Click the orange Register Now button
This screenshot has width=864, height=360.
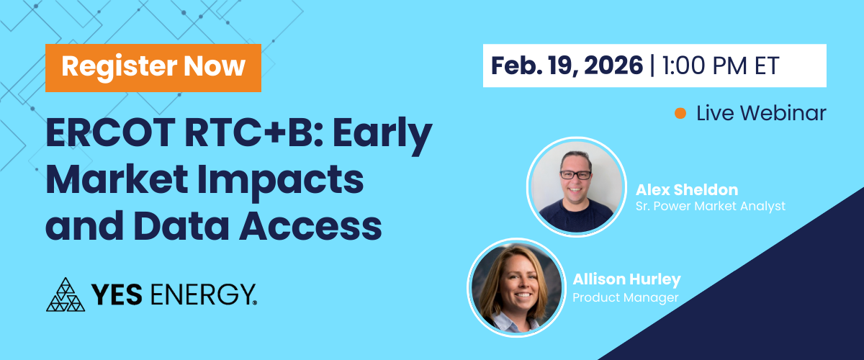point(153,68)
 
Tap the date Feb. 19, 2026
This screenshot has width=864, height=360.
point(567,66)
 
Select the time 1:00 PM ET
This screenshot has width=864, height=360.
point(721,66)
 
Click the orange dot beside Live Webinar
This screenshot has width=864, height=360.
point(680,114)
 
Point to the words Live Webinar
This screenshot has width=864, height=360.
point(761,114)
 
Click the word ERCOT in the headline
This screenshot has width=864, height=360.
point(111,132)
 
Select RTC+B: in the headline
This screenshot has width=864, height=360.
point(253,132)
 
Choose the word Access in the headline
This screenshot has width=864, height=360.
point(310,226)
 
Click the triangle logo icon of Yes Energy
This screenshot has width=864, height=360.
point(66,294)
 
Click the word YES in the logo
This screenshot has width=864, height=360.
point(117,294)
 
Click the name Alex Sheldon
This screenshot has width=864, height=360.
point(687,190)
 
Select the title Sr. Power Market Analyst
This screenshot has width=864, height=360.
point(711,206)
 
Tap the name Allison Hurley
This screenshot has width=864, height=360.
point(627,279)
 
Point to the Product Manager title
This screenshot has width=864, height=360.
point(625,297)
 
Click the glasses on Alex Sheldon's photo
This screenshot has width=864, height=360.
point(575,175)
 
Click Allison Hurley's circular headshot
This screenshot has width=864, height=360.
point(517,288)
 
